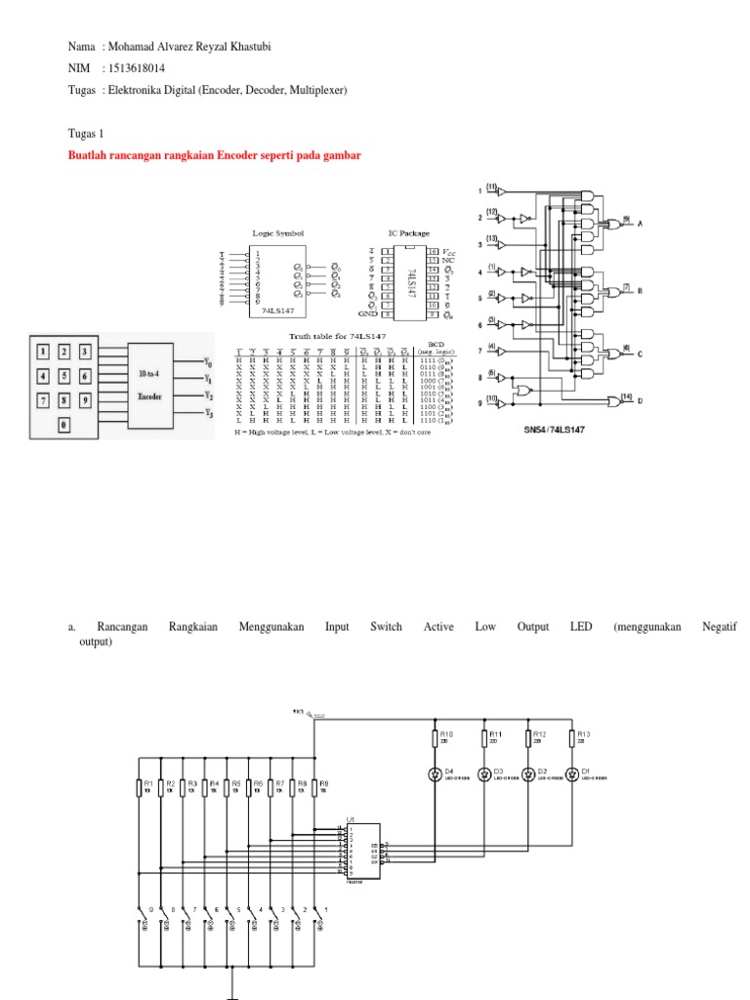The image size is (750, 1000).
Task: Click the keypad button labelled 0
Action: (64, 423)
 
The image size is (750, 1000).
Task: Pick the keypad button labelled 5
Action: (64, 375)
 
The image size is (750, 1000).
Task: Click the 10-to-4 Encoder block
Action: (149, 386)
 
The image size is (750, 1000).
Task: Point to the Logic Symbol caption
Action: (278, 233)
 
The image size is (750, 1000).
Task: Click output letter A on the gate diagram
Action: (641, 224)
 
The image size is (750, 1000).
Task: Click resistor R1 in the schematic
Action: (144, 787)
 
